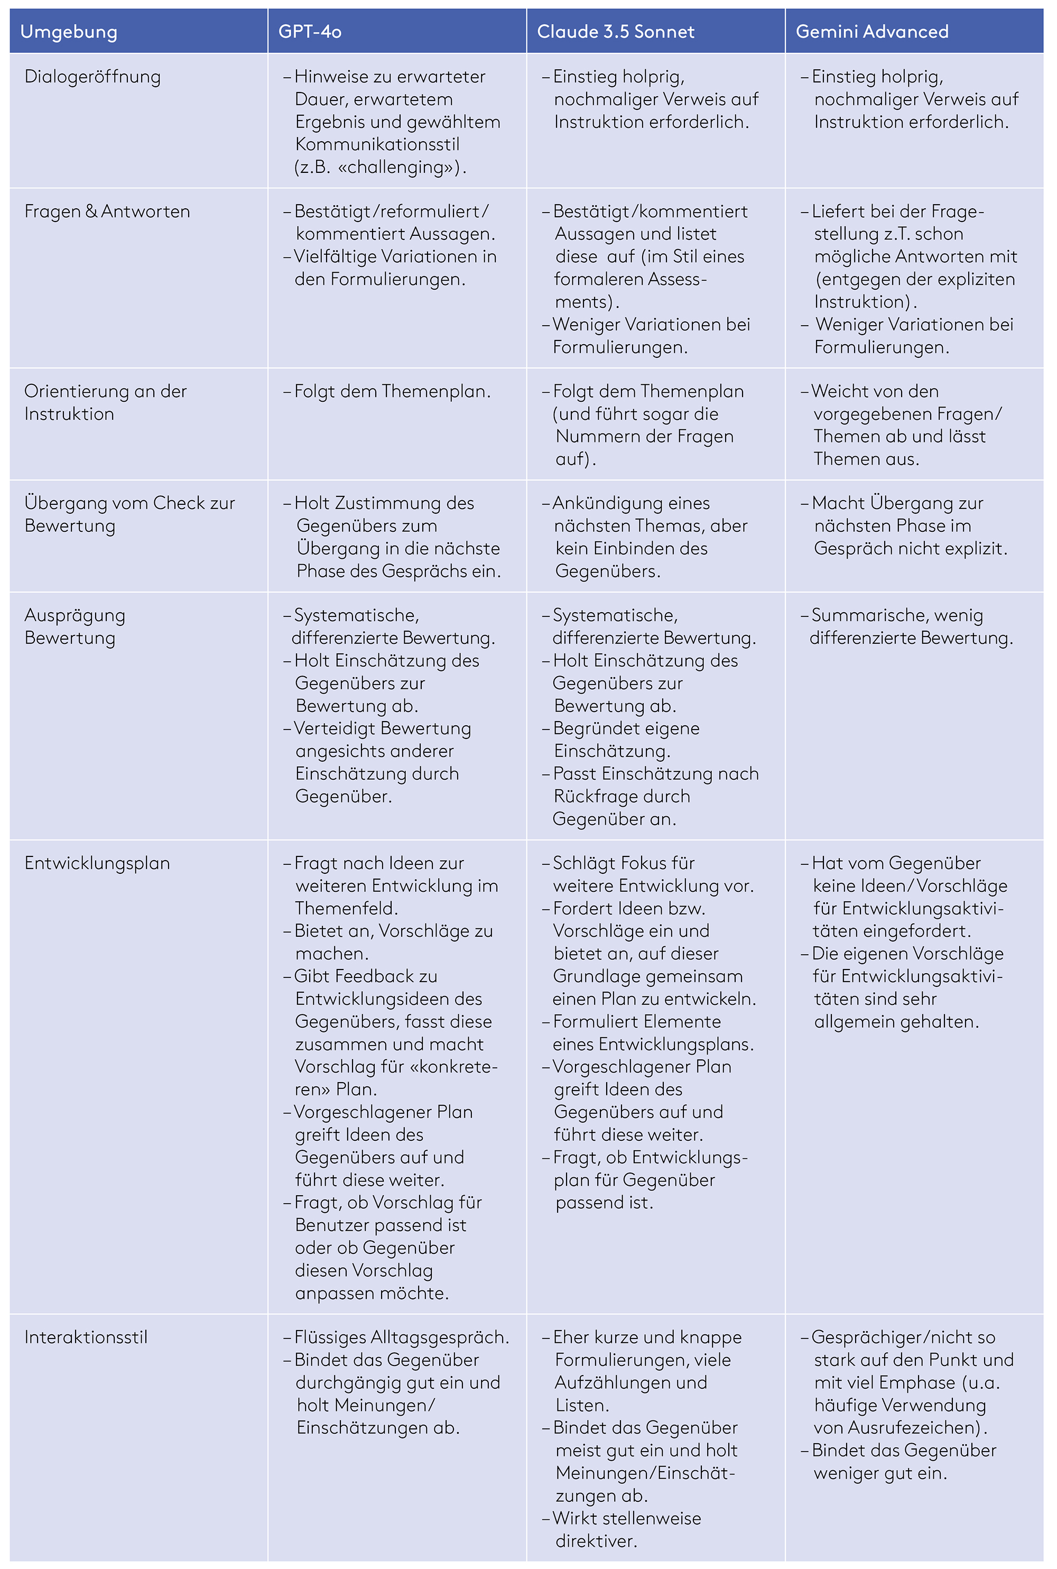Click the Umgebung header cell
click(x=69, y=32)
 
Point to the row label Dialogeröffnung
click(x=92, y=77)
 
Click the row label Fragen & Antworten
click(x=107, y=211)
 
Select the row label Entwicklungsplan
click(x=97, y=863)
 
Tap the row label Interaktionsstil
click(x=86, y=1337)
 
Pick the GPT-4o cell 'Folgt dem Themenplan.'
click(x=392, y=391)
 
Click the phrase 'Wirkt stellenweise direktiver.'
click(x=626, y=1529)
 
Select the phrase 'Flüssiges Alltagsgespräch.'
click(x=401, y=1337)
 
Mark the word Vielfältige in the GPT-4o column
click(x=335, y=257)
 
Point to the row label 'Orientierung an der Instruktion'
click(x=105, y=402)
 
